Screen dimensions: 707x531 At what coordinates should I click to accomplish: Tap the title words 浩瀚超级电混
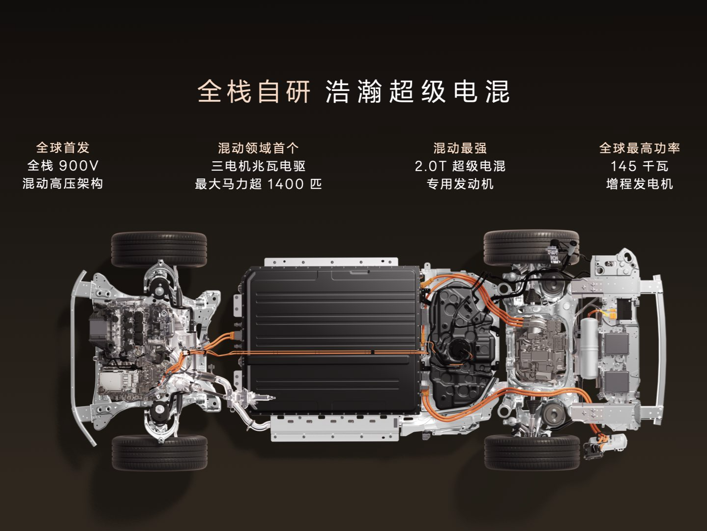[417, 92]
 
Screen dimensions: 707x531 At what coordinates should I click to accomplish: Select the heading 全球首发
[63, 148]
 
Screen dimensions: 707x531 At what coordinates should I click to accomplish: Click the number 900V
[79, 166]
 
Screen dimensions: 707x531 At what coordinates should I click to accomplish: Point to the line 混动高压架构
[63, 184]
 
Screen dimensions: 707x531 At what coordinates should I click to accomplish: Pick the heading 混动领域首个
[258, 148]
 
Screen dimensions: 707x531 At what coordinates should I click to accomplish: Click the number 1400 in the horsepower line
[285, 184]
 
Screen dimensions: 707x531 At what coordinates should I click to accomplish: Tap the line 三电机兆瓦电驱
[258, 166]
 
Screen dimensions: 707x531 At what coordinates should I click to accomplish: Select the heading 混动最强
[460, 148]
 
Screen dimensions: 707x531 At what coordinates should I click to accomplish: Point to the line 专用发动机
[460, 184]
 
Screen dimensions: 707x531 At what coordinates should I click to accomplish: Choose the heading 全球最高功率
[639, 148]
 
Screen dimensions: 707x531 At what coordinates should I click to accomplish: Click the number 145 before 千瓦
[623, 167]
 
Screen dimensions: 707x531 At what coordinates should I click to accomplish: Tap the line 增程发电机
[639, 184]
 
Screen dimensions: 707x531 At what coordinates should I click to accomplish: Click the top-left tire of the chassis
[159, 250]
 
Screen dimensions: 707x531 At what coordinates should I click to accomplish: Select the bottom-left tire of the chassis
[160, 452]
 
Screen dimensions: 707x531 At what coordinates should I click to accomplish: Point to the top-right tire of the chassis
[531, 247]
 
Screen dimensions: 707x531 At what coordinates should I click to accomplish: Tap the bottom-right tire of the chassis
[532, 452]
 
